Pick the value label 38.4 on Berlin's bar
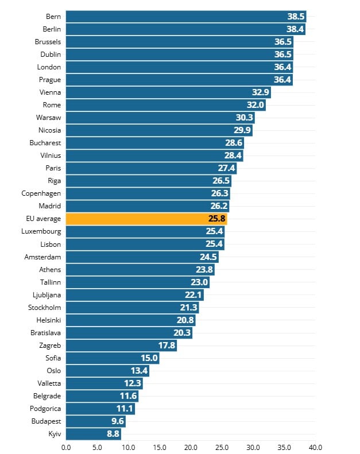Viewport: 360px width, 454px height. point(295,29)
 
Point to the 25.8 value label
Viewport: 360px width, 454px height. point(217,219)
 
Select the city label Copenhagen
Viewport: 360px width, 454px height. point(41,193)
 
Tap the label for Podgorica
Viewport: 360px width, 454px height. point(45,409)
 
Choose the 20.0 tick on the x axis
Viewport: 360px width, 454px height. point(191,447)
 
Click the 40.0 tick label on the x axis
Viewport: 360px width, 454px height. point(315,447)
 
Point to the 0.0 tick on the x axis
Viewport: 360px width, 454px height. point(66,447)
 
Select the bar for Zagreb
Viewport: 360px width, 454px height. point(121,346)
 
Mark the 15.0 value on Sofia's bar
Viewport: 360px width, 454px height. point(149,358)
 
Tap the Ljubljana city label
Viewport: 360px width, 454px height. point(47,294)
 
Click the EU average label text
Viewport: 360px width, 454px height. point(44,219)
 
